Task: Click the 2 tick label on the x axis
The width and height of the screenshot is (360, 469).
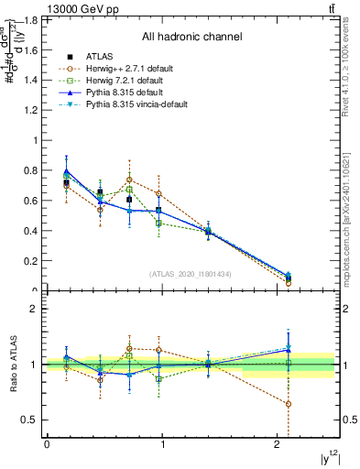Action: coord(278,444)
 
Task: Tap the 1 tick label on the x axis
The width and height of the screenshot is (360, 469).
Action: coord(163,444)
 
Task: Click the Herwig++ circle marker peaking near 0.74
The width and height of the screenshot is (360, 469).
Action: coord(130,180)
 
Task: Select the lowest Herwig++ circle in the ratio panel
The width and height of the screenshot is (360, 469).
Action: coord(289,404)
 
